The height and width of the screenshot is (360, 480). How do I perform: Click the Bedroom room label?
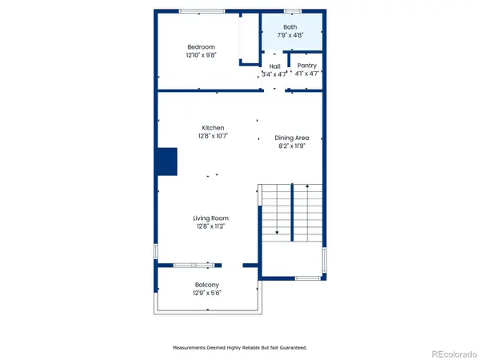(201, 47)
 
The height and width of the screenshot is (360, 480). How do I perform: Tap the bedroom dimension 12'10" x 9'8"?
(201, 55)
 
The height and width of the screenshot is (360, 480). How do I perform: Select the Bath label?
(290, 27)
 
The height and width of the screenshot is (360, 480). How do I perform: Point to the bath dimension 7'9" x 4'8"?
(290, 35)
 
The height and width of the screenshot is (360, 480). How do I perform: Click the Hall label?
(274, 66)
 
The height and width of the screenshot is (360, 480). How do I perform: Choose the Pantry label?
(306, 66)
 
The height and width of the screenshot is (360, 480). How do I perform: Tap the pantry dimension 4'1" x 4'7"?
(307, 74)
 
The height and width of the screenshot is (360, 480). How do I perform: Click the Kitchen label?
(212, 128)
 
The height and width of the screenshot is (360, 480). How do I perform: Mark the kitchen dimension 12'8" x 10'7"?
(212, 136)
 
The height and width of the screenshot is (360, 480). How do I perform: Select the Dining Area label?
(291, 138)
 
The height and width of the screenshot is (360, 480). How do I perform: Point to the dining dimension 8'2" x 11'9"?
(291, 146)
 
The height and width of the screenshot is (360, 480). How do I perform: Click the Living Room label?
(210, 218)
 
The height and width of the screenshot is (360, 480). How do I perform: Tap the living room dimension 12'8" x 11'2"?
(210, 226)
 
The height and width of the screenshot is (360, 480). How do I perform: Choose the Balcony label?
(207, 285)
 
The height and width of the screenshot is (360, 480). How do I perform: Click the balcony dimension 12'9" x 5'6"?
(207, 293)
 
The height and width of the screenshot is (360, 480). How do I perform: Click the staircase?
(291, 210)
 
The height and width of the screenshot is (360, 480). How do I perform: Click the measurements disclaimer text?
(240, 348)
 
